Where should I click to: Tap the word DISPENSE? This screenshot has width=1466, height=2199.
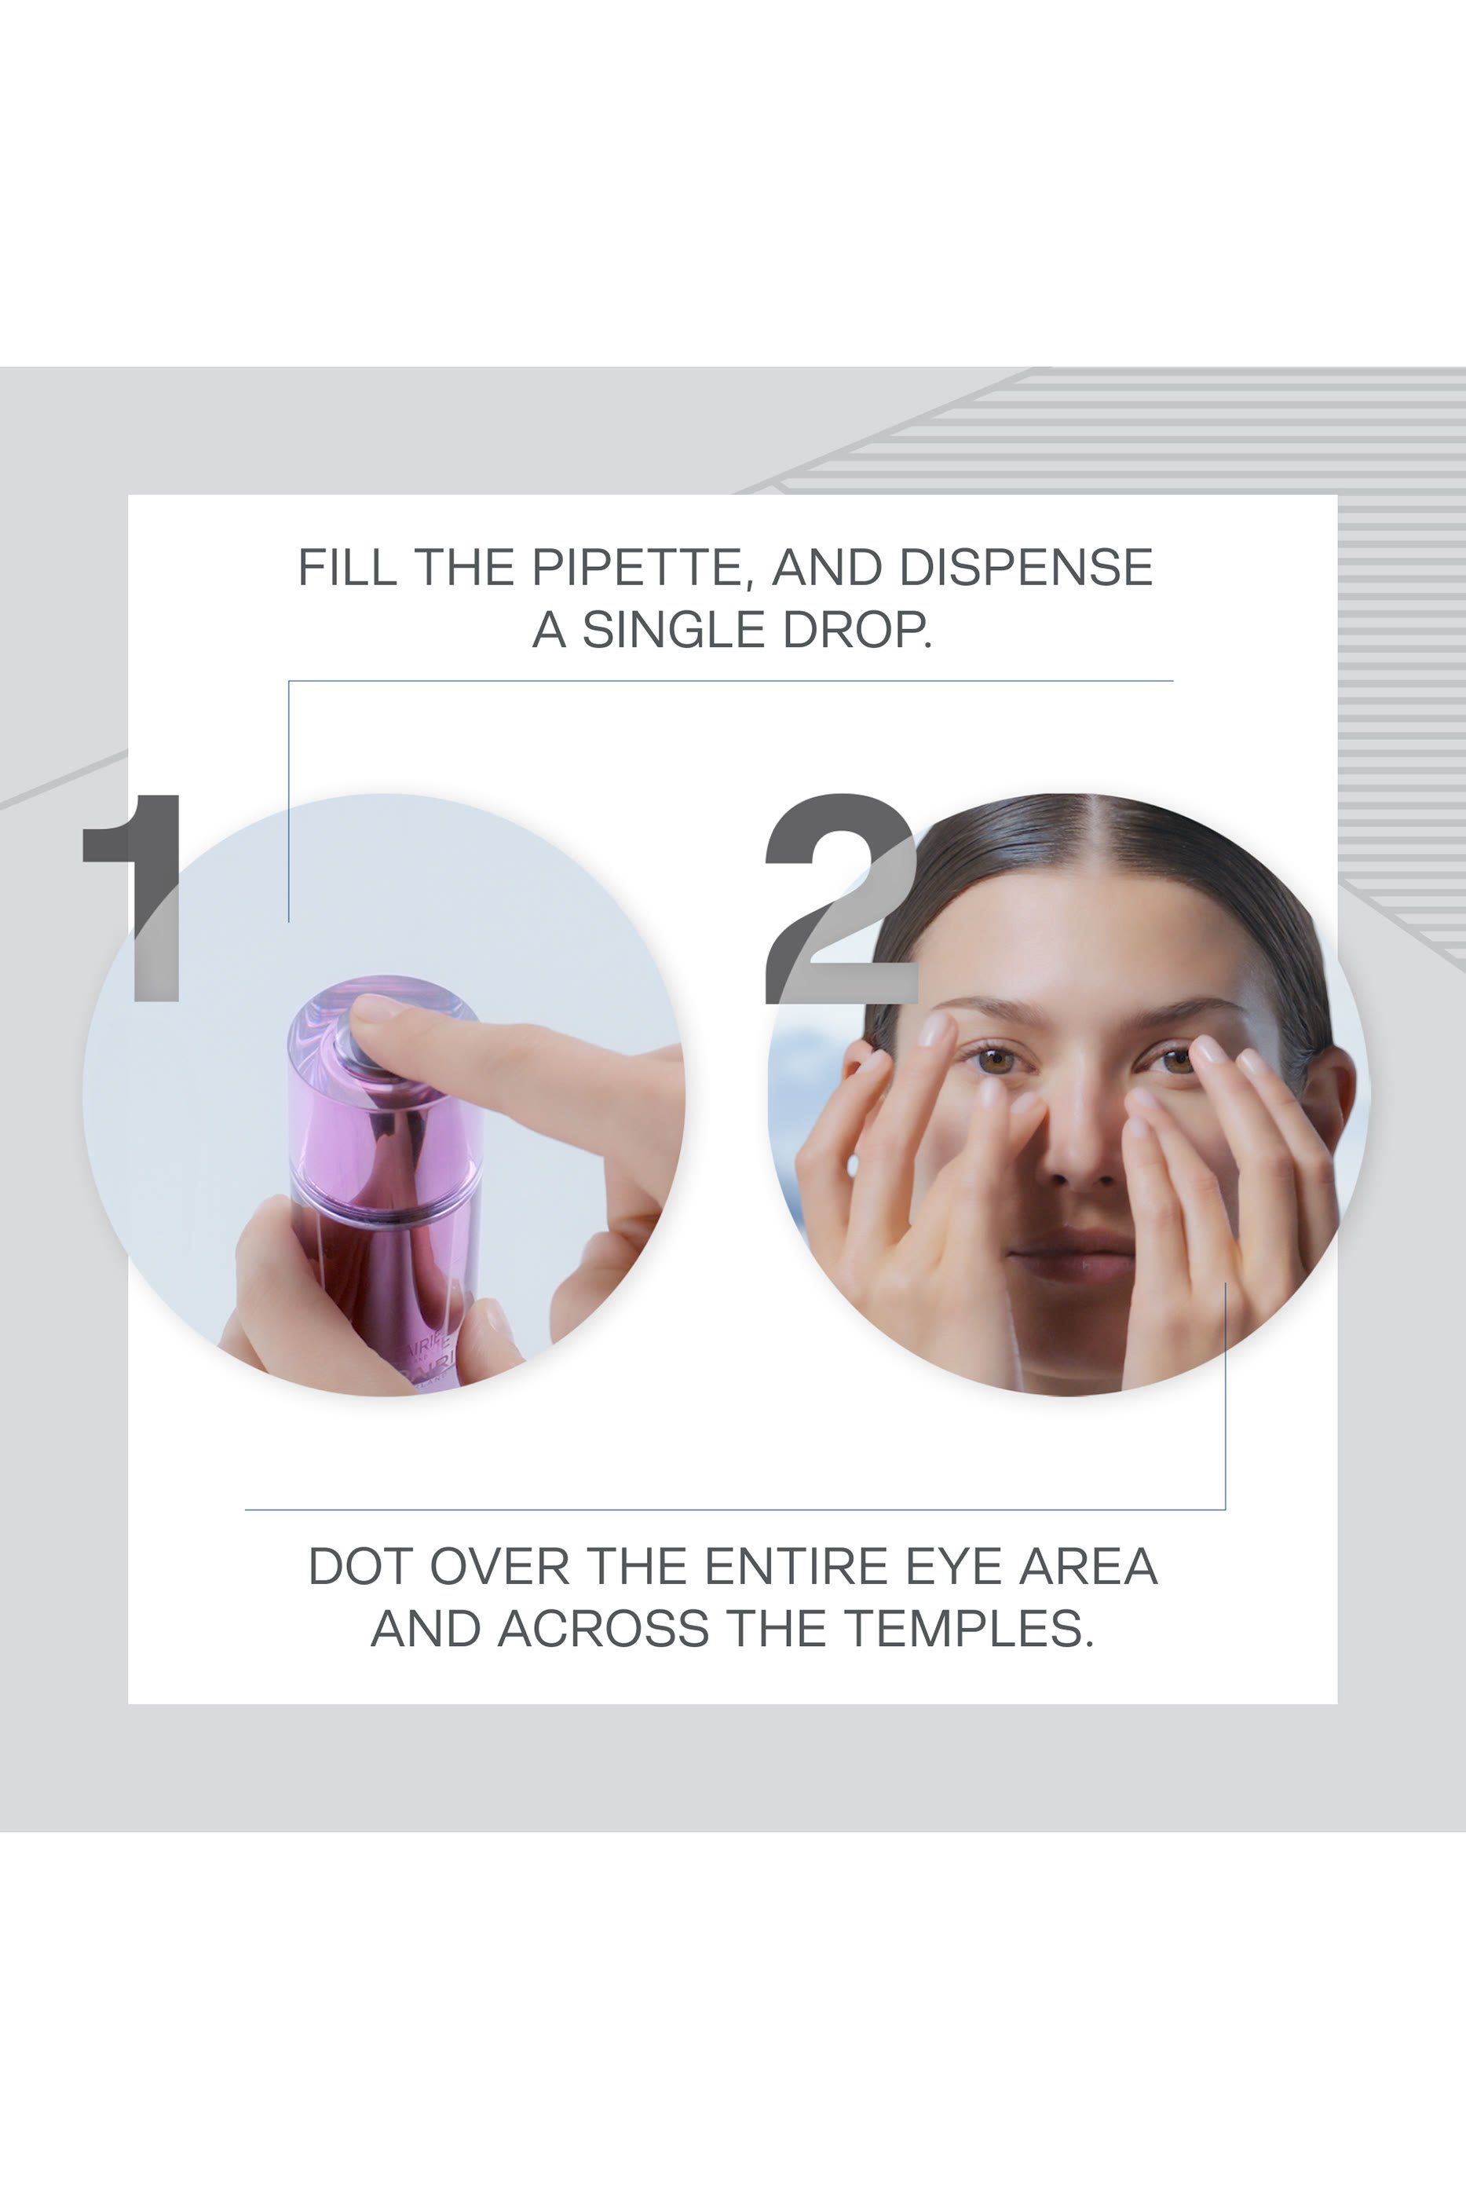point(1025,568)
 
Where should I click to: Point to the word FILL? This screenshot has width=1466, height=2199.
point(347,568)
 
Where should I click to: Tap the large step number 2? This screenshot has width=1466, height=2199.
point(842,899)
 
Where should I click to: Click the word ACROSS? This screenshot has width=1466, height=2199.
point(603,1630)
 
